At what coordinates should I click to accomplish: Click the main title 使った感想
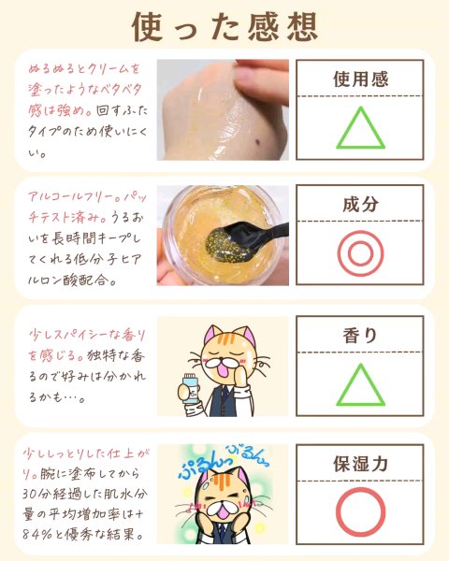coord(224,27)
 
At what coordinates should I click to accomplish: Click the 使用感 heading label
coord(360,79)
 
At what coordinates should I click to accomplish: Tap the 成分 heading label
coord(360,204)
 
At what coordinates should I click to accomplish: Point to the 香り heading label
coord(360,336)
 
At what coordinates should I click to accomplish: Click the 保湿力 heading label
coord(360,464)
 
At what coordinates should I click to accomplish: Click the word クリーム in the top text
coord(105,68)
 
